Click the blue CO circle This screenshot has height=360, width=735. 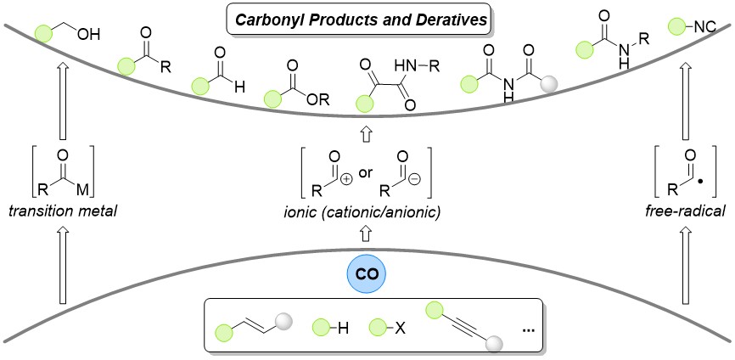point(367,278)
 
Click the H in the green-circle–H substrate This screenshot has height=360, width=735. point(344,328)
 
